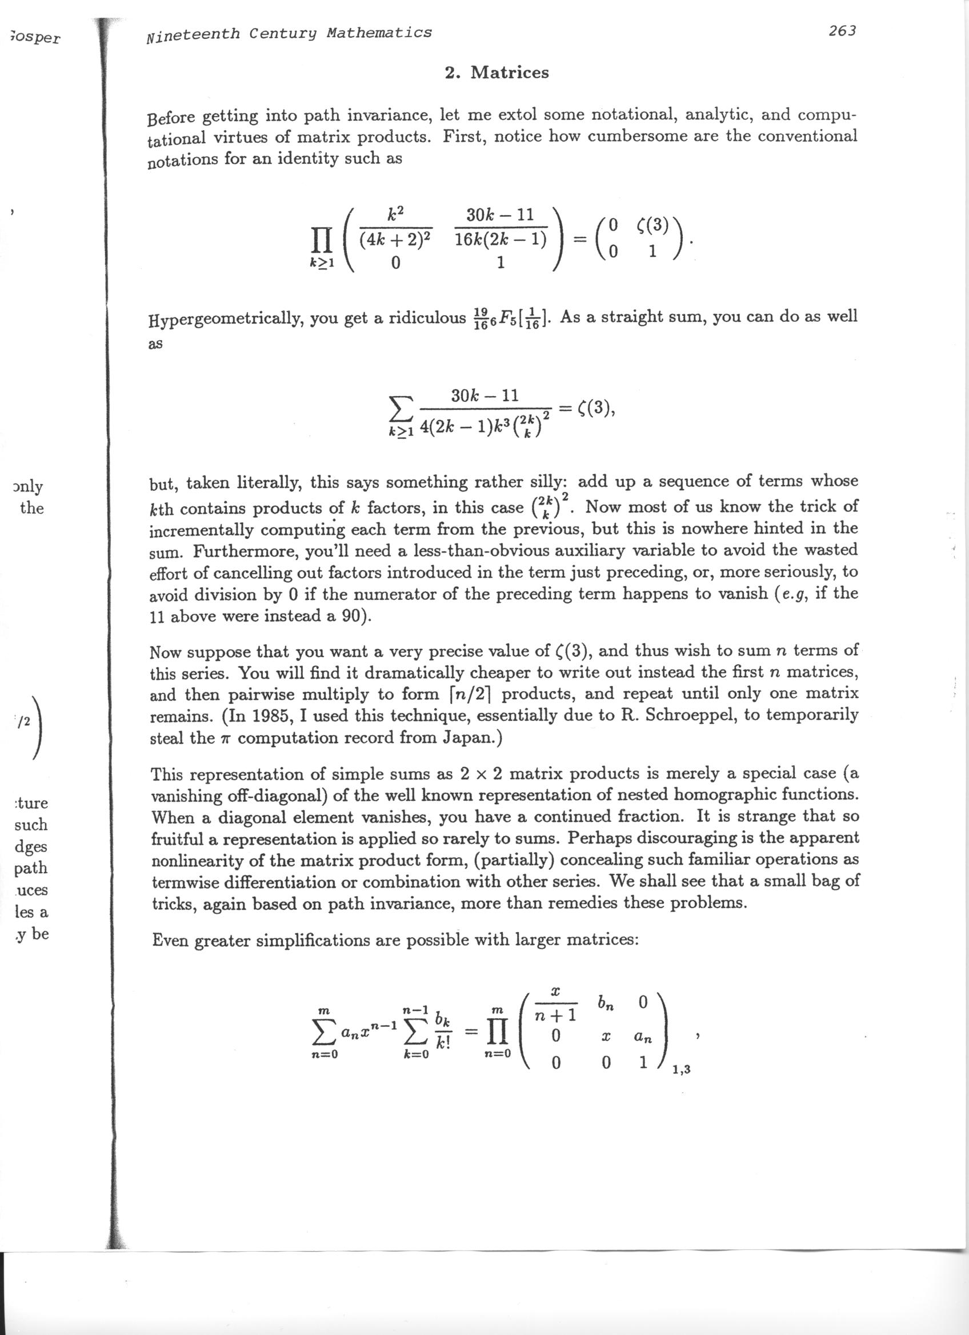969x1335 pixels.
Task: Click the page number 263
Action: (x=842, y=31)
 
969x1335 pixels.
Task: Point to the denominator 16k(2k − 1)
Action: (x=500, y=240)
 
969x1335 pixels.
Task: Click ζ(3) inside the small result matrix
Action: (x=653, y=225)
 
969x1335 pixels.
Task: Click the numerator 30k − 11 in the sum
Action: (x=485, y=396)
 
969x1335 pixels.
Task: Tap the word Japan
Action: (x=468, y=738)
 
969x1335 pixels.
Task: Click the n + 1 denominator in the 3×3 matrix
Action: (x=555, y=1017)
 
